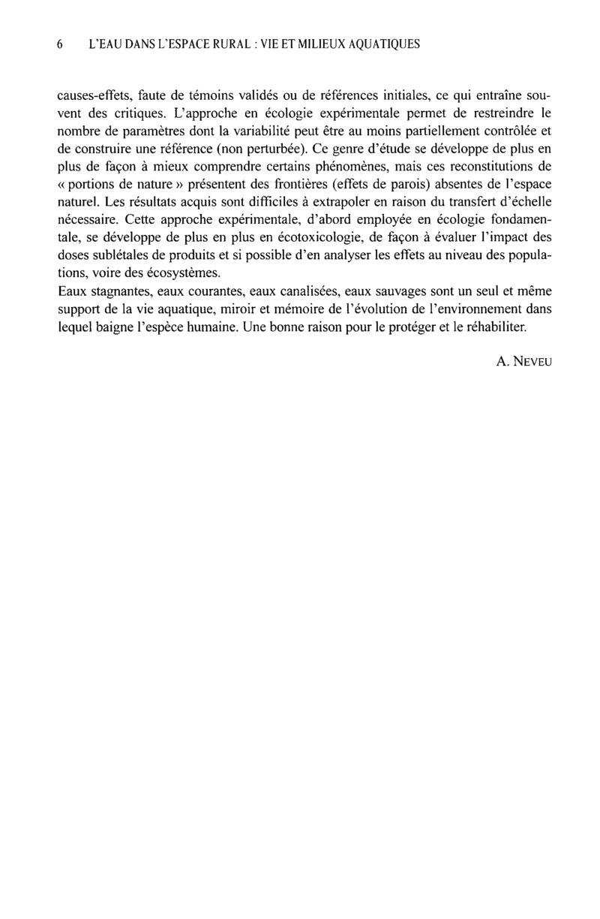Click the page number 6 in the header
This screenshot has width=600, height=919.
tap(59, 44)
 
